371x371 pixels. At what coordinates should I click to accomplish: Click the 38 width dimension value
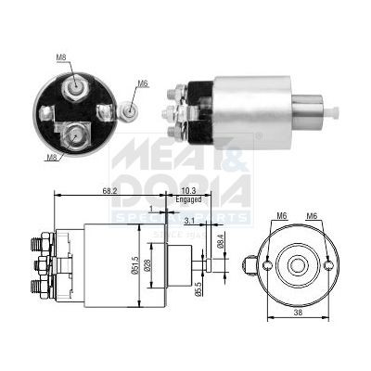[298, 340]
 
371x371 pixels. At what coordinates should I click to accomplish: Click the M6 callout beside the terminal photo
[143, 84]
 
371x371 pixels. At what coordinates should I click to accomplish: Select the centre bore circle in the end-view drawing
[299, 264]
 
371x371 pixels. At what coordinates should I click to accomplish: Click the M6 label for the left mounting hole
[281, 217]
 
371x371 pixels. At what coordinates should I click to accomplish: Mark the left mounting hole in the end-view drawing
[269, 265]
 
